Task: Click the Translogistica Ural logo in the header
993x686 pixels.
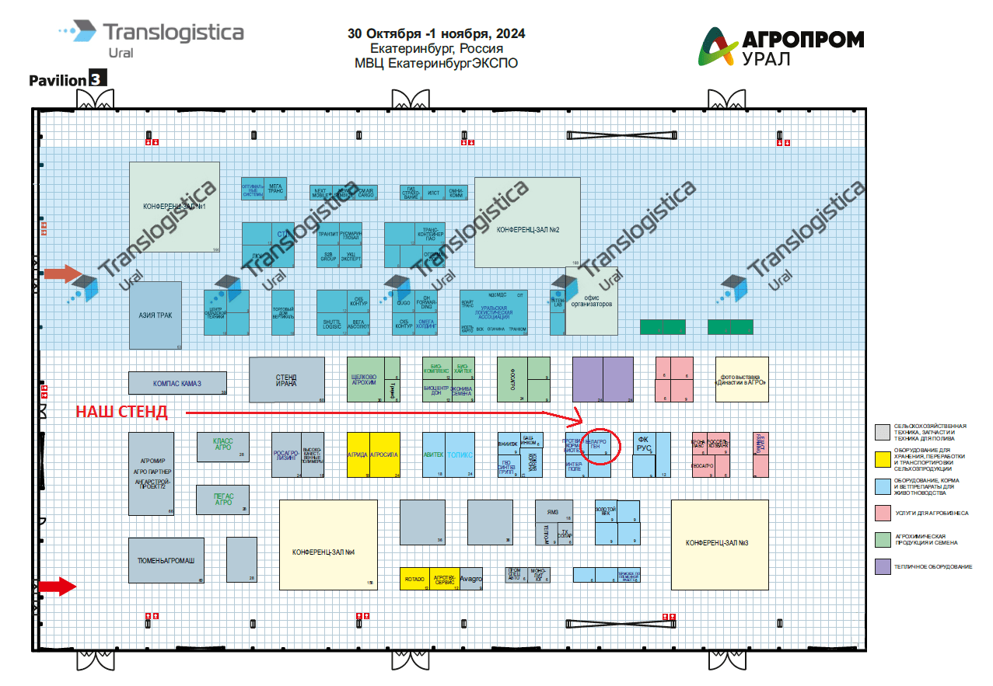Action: (152, 38)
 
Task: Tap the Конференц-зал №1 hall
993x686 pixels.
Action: (174, 207)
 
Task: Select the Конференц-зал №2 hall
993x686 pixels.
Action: (527, 223)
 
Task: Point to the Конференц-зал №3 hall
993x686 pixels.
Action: (719, 542)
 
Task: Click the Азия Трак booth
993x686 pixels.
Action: (156, 315)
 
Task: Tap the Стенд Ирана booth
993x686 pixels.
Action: (286, 380)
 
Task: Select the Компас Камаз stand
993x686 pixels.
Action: (177, 383)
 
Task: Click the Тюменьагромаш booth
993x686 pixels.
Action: (166, 560)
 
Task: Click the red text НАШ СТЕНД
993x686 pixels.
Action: (121, 413)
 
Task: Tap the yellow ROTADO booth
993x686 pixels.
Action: (414, 579)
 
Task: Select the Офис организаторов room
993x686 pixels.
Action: (592, 301)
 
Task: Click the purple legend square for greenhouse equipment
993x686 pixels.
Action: (882, 566)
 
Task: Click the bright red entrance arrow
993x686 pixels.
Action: (58, 587)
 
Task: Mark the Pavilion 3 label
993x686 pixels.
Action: (67, 79)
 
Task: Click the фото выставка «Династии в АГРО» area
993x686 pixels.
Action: (742, 379)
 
